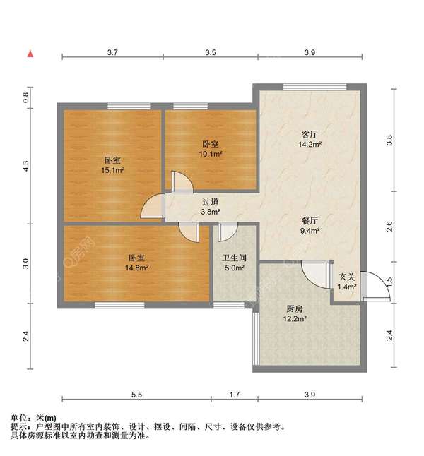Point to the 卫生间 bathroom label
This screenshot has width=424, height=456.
(x=234, y=258)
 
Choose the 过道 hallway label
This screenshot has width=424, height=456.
(x=210, y=201)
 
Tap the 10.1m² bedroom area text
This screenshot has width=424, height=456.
(x=211, y=153)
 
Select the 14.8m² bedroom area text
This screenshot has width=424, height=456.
(x=138, y=268)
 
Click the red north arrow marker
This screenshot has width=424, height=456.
(x=30, y=53)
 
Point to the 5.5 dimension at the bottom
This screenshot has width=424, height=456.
(x=136, y=394)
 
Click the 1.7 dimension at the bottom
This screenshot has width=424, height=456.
(x=234, y=394)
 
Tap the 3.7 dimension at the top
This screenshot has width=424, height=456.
(x=112, y=52)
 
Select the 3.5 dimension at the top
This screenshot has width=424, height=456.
(x=210, y=52)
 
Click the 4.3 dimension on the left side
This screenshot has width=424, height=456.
(x=25, y=167)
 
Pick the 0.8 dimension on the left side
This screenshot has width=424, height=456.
(x=25, y=98)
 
